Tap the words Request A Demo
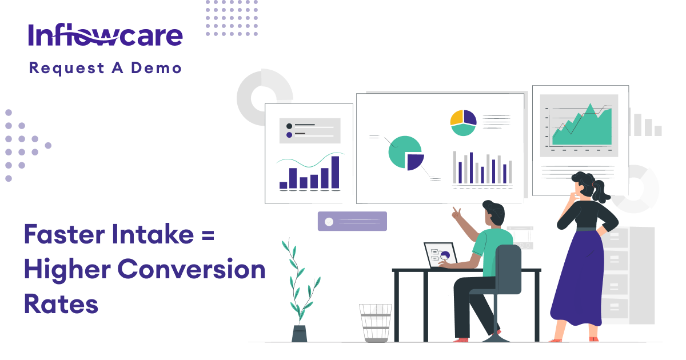pyautogui.click(x=105, y=68)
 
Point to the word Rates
pyautogui.click(x=61, y=303)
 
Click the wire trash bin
pyautogui.click(x=376, y=323)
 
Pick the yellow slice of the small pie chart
pyautogui.click(x=456, y=117)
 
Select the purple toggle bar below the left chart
pyautogui.click(x=352, y=221)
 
